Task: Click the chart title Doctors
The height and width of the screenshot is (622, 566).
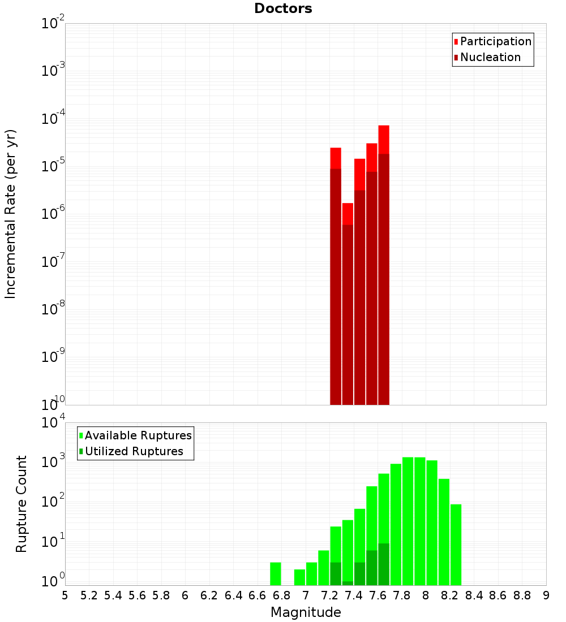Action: pos(283,8)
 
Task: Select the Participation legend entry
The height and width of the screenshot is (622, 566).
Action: pos(496,41)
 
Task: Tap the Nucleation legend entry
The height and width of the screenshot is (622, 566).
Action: pos(490,57)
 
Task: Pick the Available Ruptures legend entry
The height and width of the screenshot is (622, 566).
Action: pos(138,435)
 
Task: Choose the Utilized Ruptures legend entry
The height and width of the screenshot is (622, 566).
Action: pos(134,451)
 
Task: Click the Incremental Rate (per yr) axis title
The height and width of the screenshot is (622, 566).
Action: pos(11,214)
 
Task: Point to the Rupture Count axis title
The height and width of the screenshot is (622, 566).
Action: pos(22,504)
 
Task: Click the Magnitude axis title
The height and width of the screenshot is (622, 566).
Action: pos(306,612)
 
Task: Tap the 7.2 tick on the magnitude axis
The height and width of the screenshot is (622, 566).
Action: pos(330,595)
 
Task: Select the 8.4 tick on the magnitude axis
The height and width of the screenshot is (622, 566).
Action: pos(474,595)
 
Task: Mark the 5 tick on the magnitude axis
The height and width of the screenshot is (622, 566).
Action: pos(65,595)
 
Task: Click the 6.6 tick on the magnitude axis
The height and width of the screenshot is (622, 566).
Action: pos(258,595)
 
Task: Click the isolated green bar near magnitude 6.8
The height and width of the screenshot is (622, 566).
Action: pos(276,573)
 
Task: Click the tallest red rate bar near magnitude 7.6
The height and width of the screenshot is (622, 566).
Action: pos(384,266)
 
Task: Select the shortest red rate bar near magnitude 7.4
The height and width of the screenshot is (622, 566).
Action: pos(348,305)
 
